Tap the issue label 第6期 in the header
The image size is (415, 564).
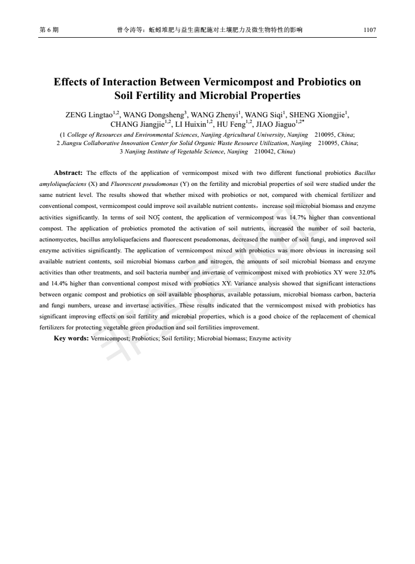tap(48, 30)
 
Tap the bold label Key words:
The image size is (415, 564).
tap(71, 338)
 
